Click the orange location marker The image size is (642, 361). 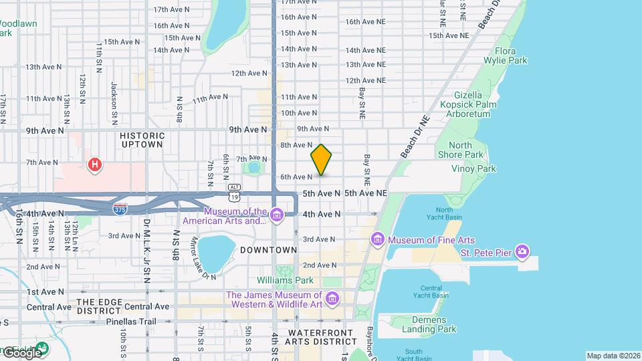321,159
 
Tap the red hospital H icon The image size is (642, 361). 96,164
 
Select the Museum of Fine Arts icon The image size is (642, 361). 377,239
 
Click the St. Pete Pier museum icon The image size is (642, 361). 522,253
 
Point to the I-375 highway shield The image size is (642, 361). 120,209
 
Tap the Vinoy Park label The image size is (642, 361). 473,169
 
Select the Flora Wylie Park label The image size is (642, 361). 510,55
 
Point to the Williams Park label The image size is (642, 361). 286,280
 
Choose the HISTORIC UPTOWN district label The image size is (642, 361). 142,139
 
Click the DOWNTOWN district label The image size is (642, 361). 268,250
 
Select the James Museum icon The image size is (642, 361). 332,297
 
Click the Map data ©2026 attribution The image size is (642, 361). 613,356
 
